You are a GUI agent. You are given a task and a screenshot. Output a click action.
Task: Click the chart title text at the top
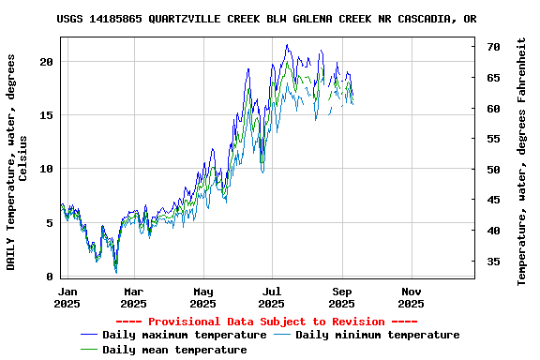265,19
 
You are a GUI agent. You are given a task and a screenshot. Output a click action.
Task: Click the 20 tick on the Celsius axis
47,61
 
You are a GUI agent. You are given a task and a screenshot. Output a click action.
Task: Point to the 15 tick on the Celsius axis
47,115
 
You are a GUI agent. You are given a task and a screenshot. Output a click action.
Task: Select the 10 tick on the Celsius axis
47,169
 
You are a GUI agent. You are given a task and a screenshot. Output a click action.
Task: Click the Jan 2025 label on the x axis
67,297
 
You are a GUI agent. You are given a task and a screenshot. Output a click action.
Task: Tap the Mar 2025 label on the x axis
134,297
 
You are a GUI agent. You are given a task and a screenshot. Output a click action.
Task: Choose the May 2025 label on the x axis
203,297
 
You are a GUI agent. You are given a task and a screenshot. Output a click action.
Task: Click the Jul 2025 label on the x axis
272,297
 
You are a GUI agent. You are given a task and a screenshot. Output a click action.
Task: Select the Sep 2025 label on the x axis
342,297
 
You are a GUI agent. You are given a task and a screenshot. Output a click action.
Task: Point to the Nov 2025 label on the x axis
411,297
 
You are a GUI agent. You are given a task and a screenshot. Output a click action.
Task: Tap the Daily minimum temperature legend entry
377,335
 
